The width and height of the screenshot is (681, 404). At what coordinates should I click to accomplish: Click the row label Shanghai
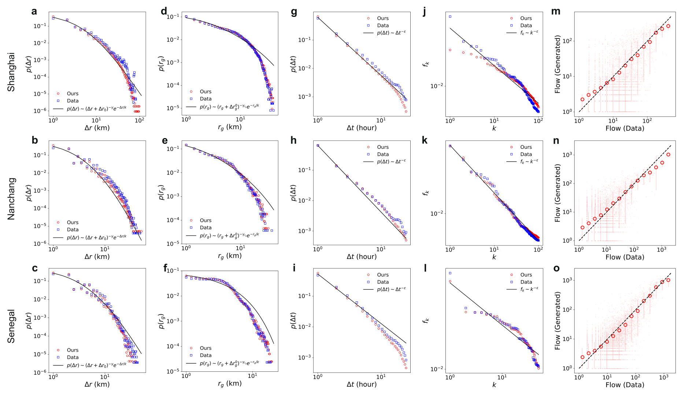[x=11, y=72]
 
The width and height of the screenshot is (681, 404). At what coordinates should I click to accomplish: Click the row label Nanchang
[x=11, y=199]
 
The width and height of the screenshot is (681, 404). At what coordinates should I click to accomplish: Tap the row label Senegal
[x=11, y=326]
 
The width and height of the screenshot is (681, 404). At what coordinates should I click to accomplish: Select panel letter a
[x=34, y=11]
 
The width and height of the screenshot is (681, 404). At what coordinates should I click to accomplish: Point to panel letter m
[x=556, y=11]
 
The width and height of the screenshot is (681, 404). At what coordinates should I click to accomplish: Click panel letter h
[x=294, y=140]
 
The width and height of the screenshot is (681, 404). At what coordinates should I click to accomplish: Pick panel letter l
[x=425, y=268]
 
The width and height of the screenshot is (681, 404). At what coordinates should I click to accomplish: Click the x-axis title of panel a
[x=97, y=128]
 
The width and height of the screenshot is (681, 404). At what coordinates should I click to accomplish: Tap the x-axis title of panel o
[x=625, y=385]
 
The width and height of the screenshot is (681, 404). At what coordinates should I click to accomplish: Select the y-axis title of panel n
[x=558, y=193]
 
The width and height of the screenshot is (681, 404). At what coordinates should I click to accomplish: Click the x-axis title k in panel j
[x=494, y=128]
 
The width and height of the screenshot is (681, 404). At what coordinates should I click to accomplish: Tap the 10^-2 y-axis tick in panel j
[x=437, y=86]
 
